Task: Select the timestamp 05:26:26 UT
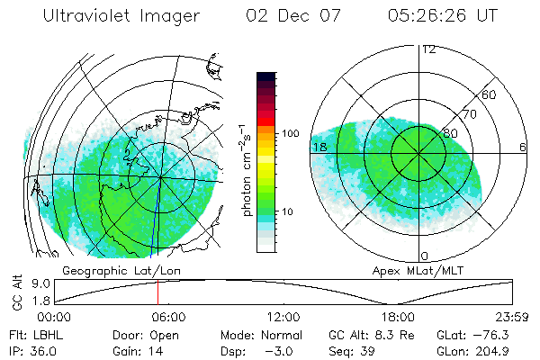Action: [442, 16]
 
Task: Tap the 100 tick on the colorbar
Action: [289, 133]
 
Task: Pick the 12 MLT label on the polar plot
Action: [428, 49]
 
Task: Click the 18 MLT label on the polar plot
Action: [319, 147]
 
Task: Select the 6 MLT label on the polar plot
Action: [522, 147]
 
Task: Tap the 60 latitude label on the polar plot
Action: [490, 94]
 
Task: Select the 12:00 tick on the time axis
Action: [283, 317]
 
